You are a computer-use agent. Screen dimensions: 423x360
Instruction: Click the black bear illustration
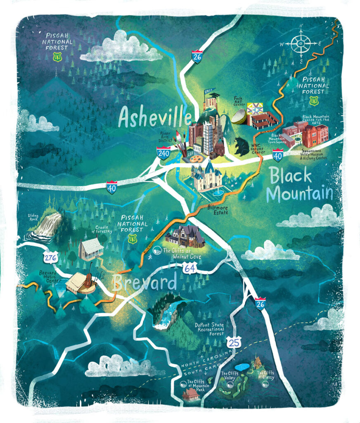242,147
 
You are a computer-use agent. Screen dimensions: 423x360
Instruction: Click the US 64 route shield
190,269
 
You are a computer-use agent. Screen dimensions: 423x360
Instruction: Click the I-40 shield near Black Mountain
278,155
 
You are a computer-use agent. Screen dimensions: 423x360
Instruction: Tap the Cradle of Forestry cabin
91,249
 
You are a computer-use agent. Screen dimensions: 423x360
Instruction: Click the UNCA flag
208,93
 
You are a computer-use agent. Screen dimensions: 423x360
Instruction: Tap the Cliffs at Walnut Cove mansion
185,237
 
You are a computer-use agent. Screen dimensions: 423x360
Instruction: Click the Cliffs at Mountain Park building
191,394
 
